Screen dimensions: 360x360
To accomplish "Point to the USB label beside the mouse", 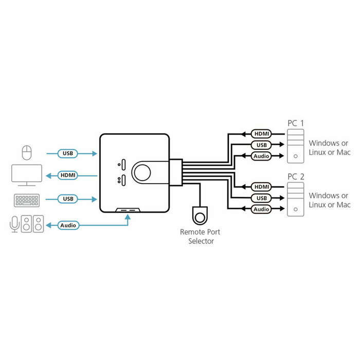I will (68, 153).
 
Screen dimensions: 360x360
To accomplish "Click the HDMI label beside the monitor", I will (68, 175).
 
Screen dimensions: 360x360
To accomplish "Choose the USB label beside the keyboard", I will (68, 199).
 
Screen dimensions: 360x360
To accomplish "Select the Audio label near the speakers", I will (68, 225).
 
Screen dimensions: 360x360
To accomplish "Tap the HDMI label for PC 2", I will (262, 187).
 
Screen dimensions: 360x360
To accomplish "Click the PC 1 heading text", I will (296, 123).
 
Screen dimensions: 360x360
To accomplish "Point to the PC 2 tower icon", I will (296, 199).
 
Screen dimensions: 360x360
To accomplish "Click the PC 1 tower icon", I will (296, 146).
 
